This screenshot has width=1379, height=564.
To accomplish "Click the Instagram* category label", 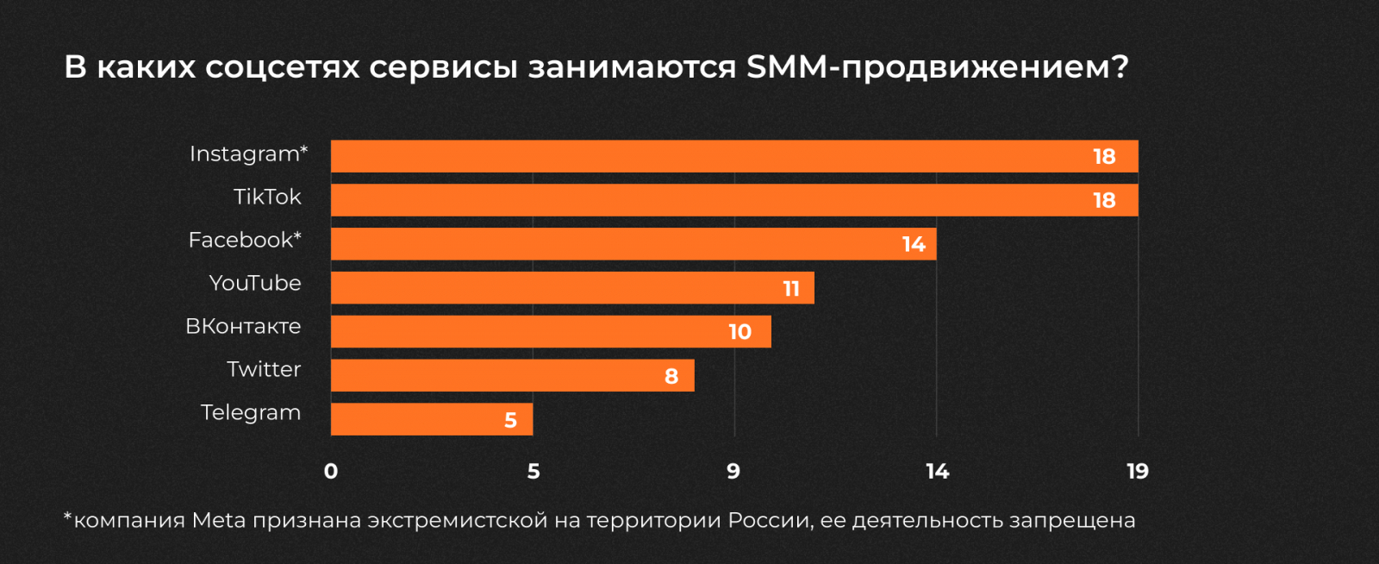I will (248, 154).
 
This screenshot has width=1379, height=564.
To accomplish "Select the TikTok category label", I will (267, 197).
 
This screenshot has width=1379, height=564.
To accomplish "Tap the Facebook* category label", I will (245, 241).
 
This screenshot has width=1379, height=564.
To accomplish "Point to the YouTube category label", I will (255, 284).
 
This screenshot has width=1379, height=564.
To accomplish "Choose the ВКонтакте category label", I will (243, 327).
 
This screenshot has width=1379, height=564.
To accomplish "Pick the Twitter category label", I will (264, 370).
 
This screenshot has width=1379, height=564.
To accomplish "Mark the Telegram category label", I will (251, 413).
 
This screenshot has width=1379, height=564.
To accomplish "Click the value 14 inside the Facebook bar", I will (914, 245).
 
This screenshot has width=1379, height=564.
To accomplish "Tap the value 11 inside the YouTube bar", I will (791, 289).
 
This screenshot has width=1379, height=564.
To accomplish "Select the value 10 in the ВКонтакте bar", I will (739, 332).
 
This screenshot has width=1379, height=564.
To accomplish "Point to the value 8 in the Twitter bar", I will (671, 376).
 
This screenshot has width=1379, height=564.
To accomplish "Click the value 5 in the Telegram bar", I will (510, 420).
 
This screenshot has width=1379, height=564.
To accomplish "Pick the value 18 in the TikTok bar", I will (1104, 201).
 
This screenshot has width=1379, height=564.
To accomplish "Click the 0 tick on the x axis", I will (331, 472).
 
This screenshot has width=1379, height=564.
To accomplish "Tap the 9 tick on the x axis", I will (733, 472).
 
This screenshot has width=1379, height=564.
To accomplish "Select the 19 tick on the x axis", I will (1138, 472).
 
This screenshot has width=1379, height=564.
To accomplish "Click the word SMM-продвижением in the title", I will (936, 67).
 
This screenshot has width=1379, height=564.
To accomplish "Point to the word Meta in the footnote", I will (219, 521).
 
